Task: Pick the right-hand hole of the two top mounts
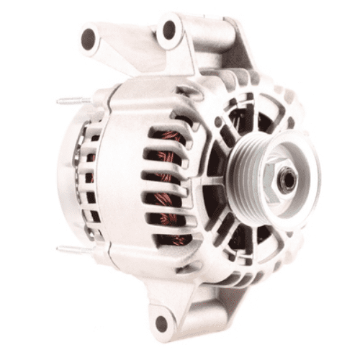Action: click(x=170, y=30)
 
